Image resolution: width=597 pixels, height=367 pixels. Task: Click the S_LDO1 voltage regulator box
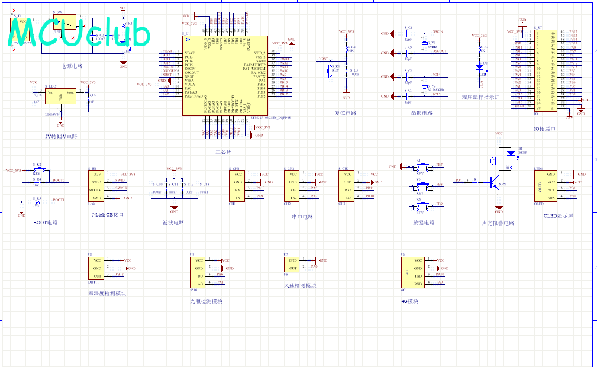(x=60, y=96)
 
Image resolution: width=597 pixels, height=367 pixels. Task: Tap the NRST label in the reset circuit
(x=323, y=59)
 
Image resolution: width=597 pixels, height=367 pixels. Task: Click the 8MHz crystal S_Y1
(x=424, y=43)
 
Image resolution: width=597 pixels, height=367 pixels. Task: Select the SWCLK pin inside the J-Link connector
(x=95, y=189)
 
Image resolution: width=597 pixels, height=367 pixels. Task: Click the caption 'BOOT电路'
(x=46, y=223)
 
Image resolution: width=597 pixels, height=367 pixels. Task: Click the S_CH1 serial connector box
(x=238, y=186)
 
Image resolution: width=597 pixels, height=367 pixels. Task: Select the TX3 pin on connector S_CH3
(x=348, y=197)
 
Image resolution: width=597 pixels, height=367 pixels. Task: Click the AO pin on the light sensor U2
(x=200, y=284)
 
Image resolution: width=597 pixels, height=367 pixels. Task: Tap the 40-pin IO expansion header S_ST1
(x=545, y=71)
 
